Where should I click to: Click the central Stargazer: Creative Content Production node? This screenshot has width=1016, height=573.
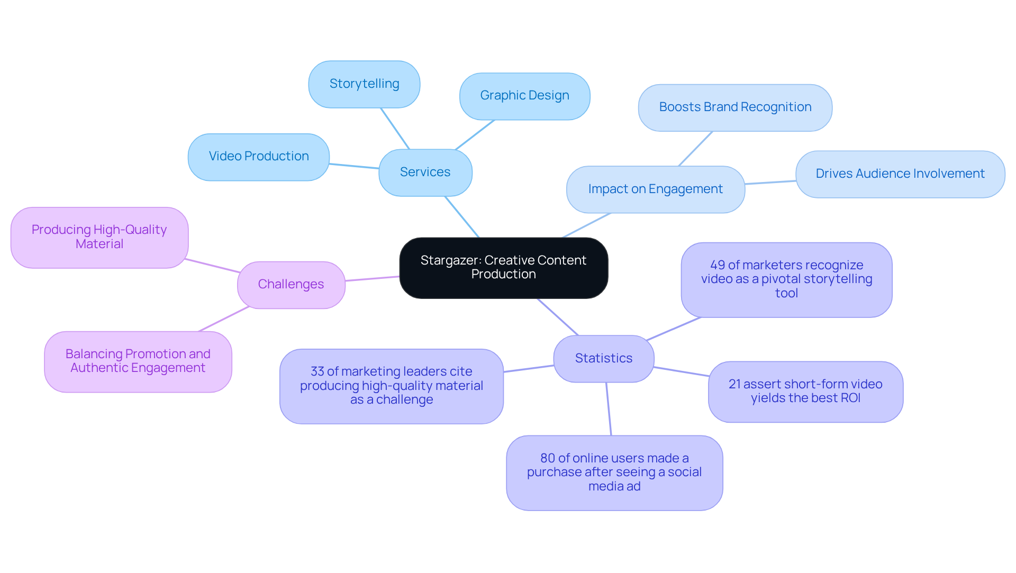(503, 268)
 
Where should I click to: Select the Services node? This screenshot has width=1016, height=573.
(425, 172)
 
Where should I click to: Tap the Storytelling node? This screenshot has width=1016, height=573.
(364, 84)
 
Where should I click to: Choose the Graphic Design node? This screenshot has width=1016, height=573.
(524, 96)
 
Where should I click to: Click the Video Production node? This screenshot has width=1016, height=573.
(258, 157)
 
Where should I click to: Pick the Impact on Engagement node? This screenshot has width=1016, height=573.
(655, 189)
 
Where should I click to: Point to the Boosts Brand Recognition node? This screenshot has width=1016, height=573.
(735, 107)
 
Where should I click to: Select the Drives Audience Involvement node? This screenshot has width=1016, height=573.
(900, 174)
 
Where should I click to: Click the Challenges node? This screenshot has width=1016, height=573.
(291, 285)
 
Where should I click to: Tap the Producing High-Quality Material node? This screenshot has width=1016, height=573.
(99, 237)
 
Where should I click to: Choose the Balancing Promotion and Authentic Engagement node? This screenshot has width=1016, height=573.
(138, 361)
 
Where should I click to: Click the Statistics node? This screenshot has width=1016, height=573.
(603, 359)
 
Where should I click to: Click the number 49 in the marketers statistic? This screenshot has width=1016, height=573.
(718, 265)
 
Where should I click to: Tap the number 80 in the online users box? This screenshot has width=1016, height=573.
(547, 458)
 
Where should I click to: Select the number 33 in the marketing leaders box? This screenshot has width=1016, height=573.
(317, 372)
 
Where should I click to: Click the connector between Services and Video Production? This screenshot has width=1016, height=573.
(354, 166)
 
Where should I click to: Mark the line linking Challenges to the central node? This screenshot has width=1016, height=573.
(372, 278)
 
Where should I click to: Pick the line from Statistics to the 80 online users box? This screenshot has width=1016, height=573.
(609, 409)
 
